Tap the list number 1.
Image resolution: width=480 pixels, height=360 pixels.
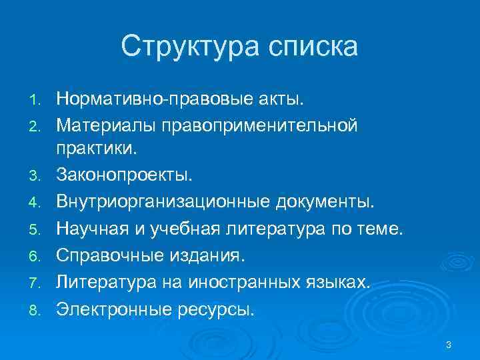pos(37,100)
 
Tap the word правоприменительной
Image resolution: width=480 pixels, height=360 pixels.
pos(265,125)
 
